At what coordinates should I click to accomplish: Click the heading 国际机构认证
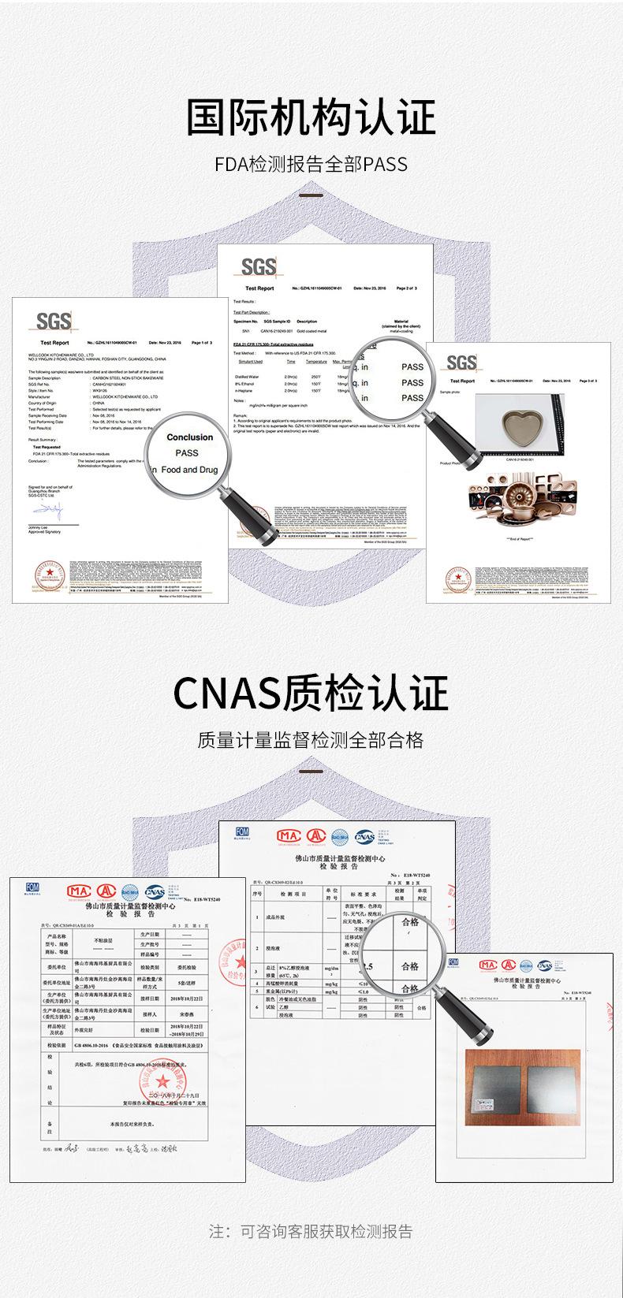coord(311,118)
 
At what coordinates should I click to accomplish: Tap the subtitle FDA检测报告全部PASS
coord(311,165)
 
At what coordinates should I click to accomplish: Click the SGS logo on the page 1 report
coord(54,322)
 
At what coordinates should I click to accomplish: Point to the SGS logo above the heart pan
coord(461,363)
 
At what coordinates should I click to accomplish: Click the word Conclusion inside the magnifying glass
coord(189,437)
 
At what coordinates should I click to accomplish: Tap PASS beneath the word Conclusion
coord(187,453)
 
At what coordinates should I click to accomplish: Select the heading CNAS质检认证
coord(311,693)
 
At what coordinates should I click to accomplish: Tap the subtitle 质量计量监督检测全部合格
coord(311,740)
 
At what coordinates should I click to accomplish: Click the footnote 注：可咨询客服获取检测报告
coord(311,1231)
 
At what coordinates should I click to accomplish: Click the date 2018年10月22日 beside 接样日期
coord(188,998)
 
